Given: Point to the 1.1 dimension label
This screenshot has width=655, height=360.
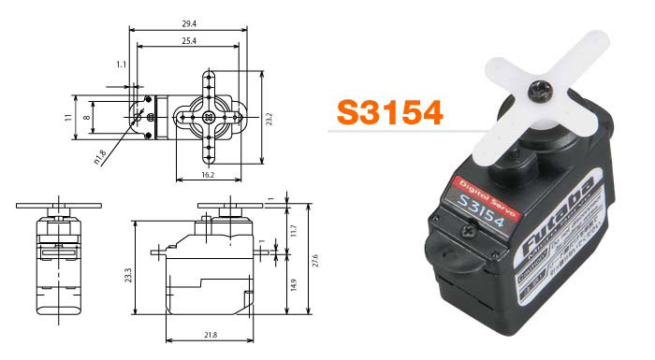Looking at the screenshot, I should tap(123, 65).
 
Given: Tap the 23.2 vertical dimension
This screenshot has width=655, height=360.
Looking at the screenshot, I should tap(269, 120).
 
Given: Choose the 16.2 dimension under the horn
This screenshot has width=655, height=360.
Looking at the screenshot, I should tap(207, 174).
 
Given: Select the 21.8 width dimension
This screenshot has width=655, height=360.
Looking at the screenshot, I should tap(211, 335).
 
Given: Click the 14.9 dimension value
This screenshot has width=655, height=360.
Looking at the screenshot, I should tap(293, 286).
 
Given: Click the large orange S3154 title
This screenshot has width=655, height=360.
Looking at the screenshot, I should tap(389, 111).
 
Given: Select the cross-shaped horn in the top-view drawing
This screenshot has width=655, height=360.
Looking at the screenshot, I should tap(207, 117).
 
